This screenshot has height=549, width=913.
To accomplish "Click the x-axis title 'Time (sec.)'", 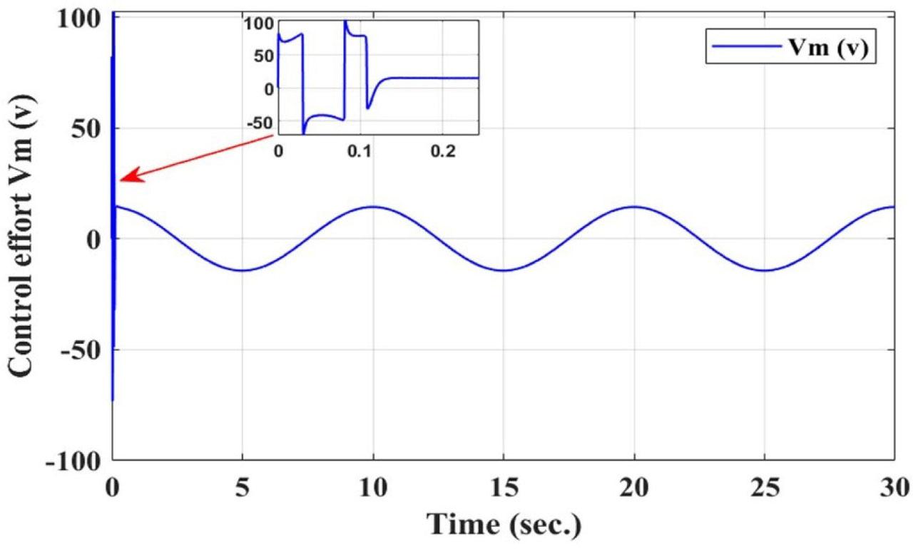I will pos(504,525).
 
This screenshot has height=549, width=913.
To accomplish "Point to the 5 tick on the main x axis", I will pos(243,489).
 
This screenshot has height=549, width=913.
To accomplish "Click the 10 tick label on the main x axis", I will pos(373,489).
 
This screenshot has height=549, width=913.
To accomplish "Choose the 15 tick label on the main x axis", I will pos(504,489).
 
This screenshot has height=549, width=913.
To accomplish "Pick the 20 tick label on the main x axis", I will pos(634,489).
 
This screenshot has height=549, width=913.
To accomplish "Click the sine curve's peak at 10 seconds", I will pos(373,207).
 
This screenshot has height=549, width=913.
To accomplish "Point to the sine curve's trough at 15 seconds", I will pos(504,270).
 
